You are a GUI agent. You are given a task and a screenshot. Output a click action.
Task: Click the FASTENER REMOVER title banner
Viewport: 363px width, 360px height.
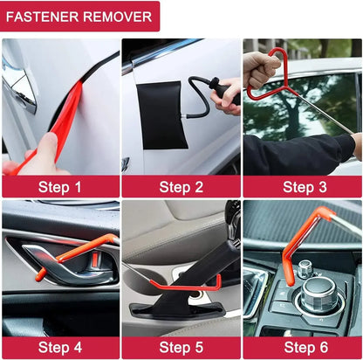click(x=80, y=16)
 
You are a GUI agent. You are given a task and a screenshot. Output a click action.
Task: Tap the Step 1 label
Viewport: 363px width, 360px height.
click(x=59, y=186)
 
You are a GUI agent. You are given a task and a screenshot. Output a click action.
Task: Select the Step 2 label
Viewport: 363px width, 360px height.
click(x=181, y=186)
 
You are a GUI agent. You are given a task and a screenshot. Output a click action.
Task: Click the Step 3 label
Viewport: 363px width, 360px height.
click(x=304, y=186)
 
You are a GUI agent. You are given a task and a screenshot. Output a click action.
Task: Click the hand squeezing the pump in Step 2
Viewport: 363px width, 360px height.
click(x=229, y=96)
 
